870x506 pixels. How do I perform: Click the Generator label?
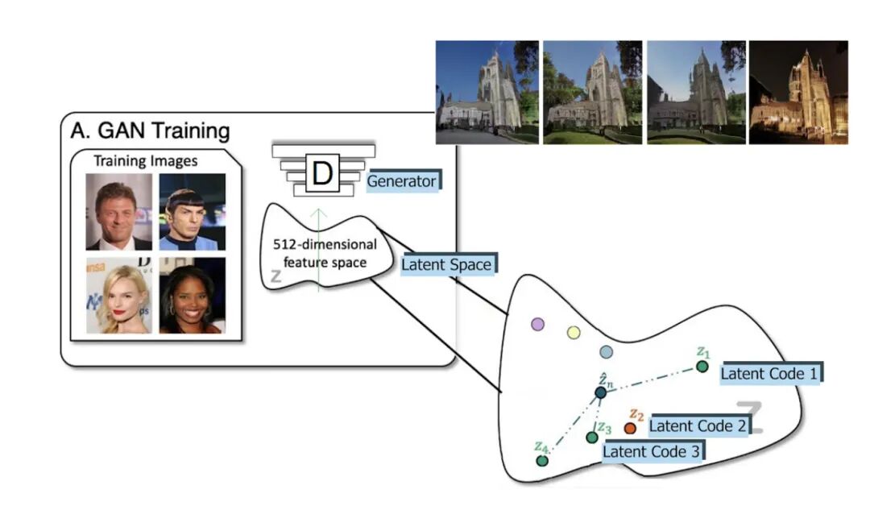[401, 181]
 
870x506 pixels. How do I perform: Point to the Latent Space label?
[446, 263]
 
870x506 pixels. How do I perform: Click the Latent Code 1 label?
[768, 373]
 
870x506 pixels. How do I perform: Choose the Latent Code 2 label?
[697, 425]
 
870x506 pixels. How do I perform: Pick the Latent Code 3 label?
[652, 451]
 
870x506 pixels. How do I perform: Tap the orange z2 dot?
[630, 428]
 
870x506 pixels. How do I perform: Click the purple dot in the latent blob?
[538, 324]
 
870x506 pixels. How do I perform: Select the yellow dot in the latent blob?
[574, 332]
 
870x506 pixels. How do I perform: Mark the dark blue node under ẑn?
[600, 392]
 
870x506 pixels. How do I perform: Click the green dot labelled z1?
[702, 367]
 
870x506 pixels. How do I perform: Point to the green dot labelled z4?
[542, 461]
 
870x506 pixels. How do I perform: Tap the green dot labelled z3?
[592, 437]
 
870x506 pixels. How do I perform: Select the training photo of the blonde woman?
[118, 295]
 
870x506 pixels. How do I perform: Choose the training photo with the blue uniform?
[193, 212]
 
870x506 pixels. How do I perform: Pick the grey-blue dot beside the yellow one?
[607, 352]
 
